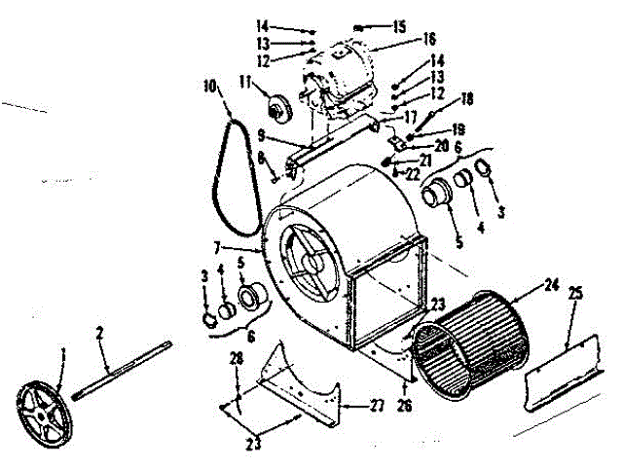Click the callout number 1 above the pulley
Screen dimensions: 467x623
[64, 351]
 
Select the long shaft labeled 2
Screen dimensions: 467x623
[117, 367]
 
